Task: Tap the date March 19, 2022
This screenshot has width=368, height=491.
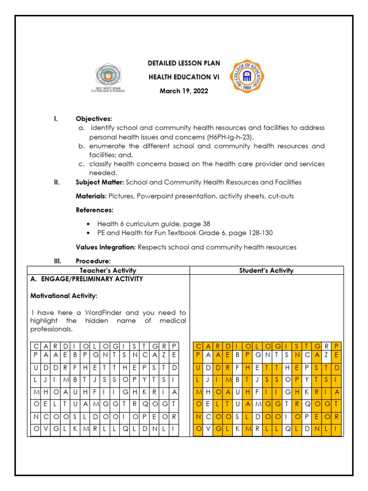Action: (x=184, y=91)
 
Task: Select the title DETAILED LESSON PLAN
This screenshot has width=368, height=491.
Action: (x=184, y=64)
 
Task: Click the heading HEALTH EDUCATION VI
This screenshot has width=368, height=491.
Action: (x=184, y=77)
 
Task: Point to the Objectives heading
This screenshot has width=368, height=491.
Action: (x=94, y=118)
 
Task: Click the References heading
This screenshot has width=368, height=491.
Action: (x=95, y=210)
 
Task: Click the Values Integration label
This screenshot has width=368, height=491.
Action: (x=106, y=247)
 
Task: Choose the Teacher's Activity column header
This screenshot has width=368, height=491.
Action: (x=108, y=270)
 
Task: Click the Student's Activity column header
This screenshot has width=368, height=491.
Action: (x=266, y=270)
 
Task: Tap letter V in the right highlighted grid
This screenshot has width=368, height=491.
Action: (x=209, y=429)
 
